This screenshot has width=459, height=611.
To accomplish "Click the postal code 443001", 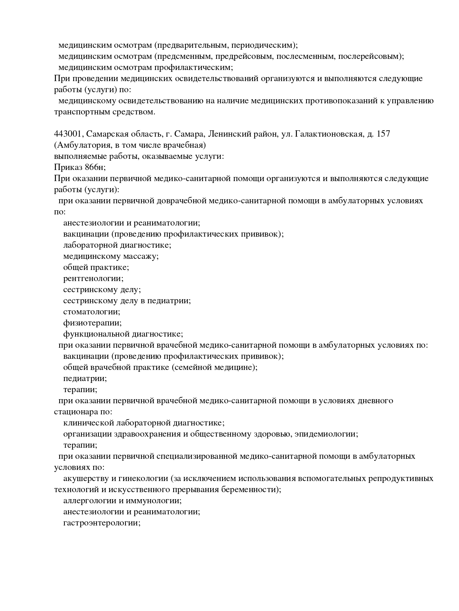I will pyautogui.click(x=67, y=134).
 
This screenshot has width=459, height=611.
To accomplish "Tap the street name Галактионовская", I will pyautogui.click(x=328, y=134).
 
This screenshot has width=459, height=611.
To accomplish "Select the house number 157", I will pyautogui.click(x=383, y=134).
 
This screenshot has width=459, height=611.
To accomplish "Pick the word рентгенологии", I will pyautogui.click(x=93, y=278).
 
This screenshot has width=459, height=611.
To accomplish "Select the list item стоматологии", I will pyautogui.click(x=92, y=312).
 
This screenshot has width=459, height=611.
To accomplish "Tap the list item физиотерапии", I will pyautogui.click(x=92, y=323).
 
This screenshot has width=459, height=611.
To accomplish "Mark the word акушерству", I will pyautogui.click(x=85, y=478).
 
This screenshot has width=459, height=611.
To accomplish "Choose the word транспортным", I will pyautogui.click(x=79, y=112).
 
